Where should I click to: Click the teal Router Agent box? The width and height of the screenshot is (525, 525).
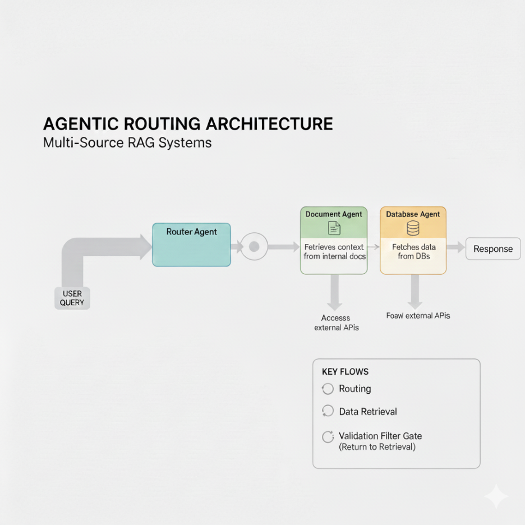(191, 244)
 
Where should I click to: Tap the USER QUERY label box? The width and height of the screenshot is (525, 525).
(72, 298)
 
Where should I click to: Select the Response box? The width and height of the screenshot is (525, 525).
(493, 249)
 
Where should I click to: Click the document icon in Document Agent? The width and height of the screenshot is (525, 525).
(334, 228)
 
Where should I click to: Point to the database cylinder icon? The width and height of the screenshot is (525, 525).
(413, 228)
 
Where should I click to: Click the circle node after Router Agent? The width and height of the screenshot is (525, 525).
(254, 246)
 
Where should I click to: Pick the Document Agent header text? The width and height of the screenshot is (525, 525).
(334, 214)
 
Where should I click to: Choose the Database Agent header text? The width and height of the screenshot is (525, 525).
(413, 214)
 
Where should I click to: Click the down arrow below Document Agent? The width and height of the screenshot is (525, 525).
(335, 292)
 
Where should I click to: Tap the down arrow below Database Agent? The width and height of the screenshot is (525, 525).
(415, 291)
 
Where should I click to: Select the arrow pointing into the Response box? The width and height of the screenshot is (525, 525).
(455, 247)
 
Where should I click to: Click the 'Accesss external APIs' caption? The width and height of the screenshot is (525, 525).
(336, 323)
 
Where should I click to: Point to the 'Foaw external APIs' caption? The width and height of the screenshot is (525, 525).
(418, 316)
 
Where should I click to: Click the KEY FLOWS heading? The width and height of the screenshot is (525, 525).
(345, 372)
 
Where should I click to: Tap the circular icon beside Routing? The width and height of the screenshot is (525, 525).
(328, 389)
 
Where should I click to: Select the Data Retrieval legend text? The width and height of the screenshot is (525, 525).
(368, 412)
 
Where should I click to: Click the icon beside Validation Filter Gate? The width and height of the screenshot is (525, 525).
(328, 437)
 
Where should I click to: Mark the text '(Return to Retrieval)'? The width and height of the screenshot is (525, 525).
(377, 447)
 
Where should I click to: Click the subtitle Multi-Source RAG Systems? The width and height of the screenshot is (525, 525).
(127, 142)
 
